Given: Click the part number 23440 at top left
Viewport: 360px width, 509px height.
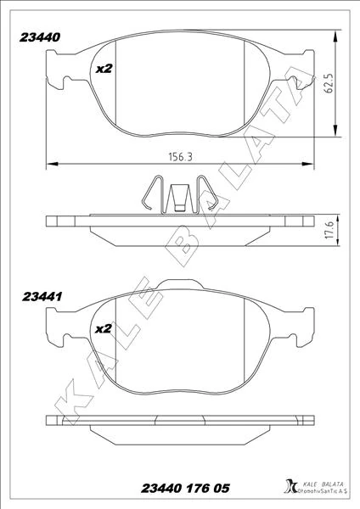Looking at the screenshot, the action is point(40,37).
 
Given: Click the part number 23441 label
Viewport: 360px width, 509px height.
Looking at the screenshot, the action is point(42,297).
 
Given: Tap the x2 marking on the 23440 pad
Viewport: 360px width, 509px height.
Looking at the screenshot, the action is point(104,69).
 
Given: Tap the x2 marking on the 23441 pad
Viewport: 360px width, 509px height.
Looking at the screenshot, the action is point(104,329).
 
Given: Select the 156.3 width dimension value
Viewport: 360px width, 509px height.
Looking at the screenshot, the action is point(180,157).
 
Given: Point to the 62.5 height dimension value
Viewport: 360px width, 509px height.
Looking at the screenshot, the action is point(329,83).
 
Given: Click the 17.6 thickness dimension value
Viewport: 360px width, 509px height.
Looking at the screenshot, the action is point(329,231).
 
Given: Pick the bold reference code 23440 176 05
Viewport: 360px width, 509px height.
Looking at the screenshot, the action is point(185,488).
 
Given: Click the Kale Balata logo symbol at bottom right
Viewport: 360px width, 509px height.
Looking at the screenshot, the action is point(290,485).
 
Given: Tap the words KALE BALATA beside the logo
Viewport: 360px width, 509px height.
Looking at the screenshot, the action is point(322,484).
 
